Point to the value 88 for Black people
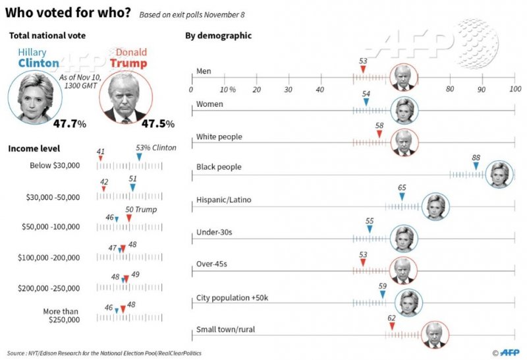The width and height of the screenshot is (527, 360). [476, 157]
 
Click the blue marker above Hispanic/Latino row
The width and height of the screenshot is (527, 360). [402, 196]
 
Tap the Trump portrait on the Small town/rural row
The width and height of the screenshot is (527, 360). [435, 334]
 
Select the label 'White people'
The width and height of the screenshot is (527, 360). [219, 136]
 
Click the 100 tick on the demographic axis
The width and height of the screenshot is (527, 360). [514, 89]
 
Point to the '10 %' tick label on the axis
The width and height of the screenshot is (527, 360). [227, 89]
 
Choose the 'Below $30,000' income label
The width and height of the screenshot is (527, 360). [55, 165]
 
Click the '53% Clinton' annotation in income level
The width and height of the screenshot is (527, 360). [155, 148]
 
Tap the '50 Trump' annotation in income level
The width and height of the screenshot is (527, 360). [142, 209]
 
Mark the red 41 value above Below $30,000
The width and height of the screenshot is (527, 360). [100, 152]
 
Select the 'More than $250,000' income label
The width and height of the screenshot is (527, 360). [65, 315]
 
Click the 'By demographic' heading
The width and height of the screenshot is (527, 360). [218, 36]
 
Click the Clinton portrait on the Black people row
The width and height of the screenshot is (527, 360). [499, 175]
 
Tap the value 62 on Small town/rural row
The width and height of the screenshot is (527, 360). [391, 317]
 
